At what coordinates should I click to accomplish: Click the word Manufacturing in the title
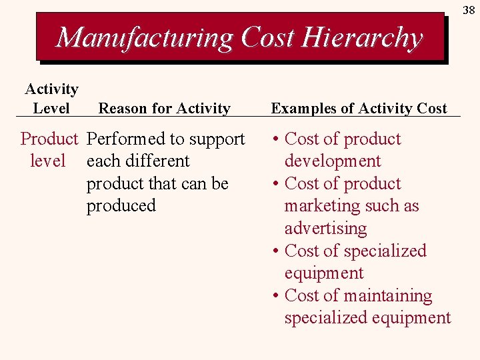145,37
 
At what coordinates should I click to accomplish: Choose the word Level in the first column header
51,108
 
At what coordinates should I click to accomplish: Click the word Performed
126,139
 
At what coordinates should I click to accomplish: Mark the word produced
121,206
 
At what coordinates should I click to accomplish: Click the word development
333,161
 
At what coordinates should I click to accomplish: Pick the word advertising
325,229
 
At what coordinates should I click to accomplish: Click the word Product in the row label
49,139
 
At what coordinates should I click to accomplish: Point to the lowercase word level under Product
48,161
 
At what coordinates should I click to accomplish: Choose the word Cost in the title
267,37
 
